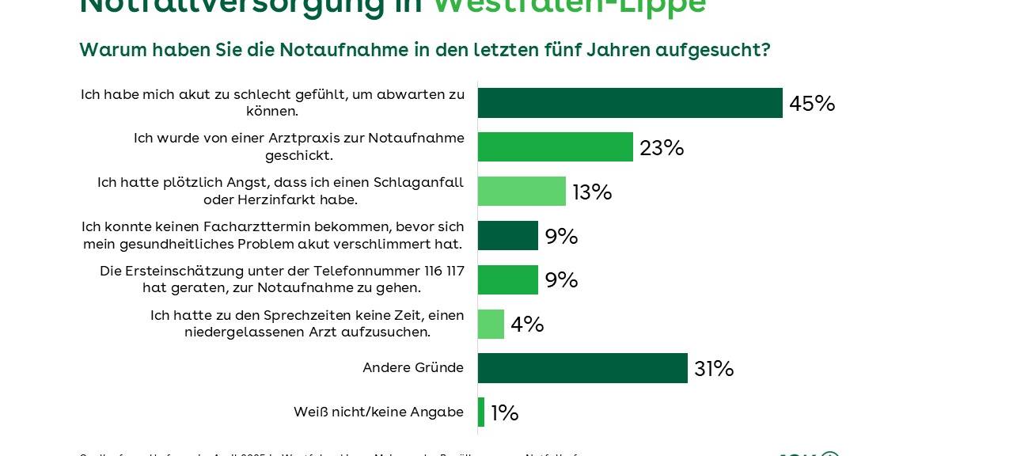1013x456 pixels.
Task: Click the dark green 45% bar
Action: [630, 103]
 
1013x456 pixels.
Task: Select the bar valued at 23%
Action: [555, 147]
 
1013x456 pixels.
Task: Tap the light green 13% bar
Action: [522, 192]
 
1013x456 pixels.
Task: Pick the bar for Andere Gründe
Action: [582, 368]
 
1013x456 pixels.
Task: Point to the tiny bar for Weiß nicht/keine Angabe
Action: [481, 412]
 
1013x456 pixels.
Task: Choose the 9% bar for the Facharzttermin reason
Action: [508, 236]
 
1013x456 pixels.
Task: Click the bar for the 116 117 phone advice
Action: [508, 280]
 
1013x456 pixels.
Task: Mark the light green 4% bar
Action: [491, 325]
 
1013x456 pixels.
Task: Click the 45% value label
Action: [812, 104]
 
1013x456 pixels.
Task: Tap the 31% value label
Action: [714, 369]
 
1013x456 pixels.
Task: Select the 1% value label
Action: [505, 413]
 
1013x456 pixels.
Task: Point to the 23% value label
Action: [662, 148]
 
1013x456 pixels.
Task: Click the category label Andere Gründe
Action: [413, 367]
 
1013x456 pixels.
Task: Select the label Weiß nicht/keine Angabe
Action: [378, 412]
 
